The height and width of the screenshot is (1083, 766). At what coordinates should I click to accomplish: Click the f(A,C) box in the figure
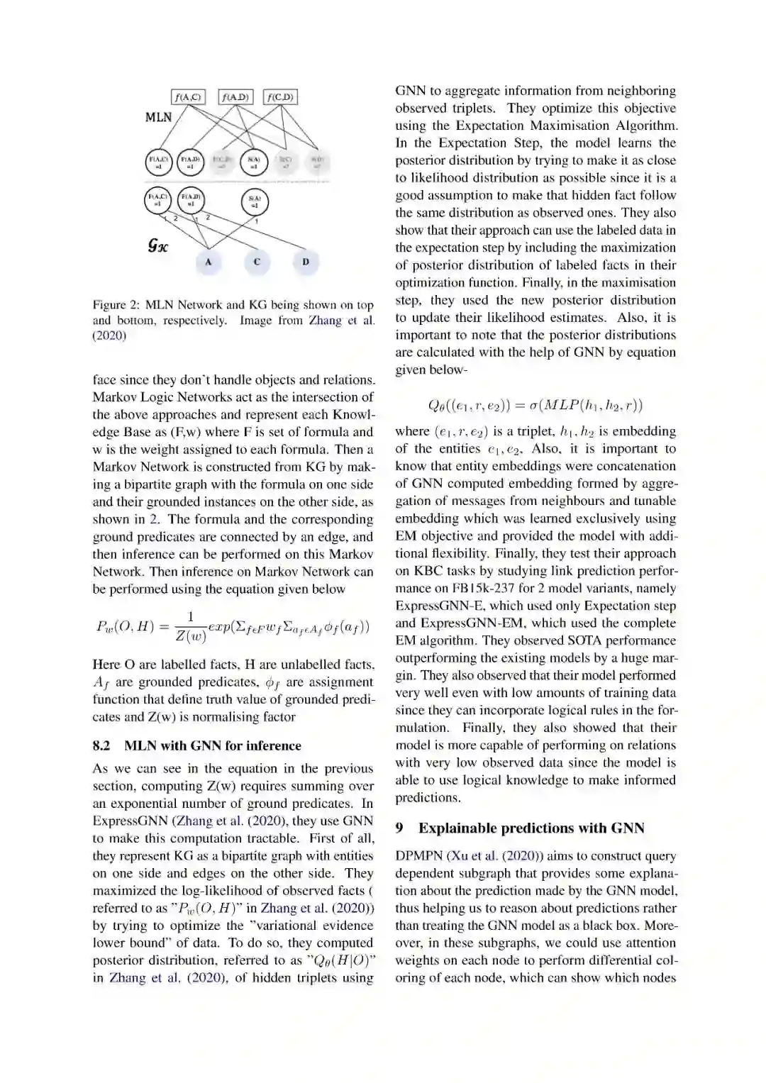(x=188, y=96)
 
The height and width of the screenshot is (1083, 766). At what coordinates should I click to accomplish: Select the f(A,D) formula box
(x=235, y=96)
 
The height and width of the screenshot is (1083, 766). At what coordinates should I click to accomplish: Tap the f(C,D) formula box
(x=280, y=96)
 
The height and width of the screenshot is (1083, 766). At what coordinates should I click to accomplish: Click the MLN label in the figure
(x=158, y=117)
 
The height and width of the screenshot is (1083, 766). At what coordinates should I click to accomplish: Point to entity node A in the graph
(x=209, y=262)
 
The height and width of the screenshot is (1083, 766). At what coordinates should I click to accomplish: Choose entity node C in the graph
(x=257, y=262)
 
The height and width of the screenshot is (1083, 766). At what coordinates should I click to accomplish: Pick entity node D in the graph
(x=306, y=262)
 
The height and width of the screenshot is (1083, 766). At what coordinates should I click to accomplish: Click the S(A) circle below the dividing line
(x=255, y=202)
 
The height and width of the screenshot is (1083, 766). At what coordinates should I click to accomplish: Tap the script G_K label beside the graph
(x=157, y=245)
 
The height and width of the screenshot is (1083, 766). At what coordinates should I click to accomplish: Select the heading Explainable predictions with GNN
(x=531, y=828)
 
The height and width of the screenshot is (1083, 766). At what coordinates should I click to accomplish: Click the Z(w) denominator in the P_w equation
(x=190, y=635)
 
